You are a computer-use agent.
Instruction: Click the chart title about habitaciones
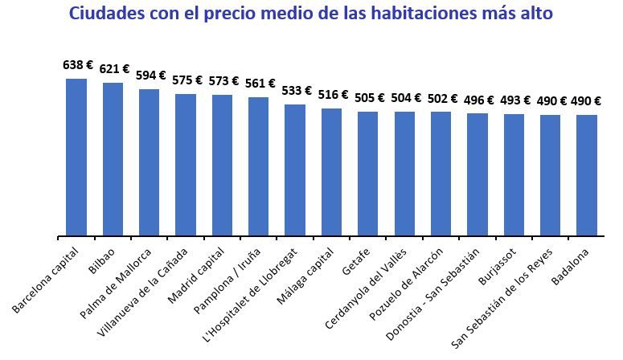[311, 14]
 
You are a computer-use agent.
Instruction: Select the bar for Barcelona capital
[76, 157]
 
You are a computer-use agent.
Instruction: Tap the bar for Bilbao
[113, 160]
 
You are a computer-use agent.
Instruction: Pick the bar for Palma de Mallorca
[150, 163]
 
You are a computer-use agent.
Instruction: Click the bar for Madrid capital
[222, 166]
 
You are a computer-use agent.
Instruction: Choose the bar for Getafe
[367, 174]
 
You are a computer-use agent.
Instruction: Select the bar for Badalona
[586, 176]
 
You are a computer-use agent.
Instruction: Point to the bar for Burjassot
[514, 175]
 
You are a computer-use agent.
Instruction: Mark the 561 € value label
[260, 84]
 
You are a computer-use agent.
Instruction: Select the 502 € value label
[442, 99]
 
